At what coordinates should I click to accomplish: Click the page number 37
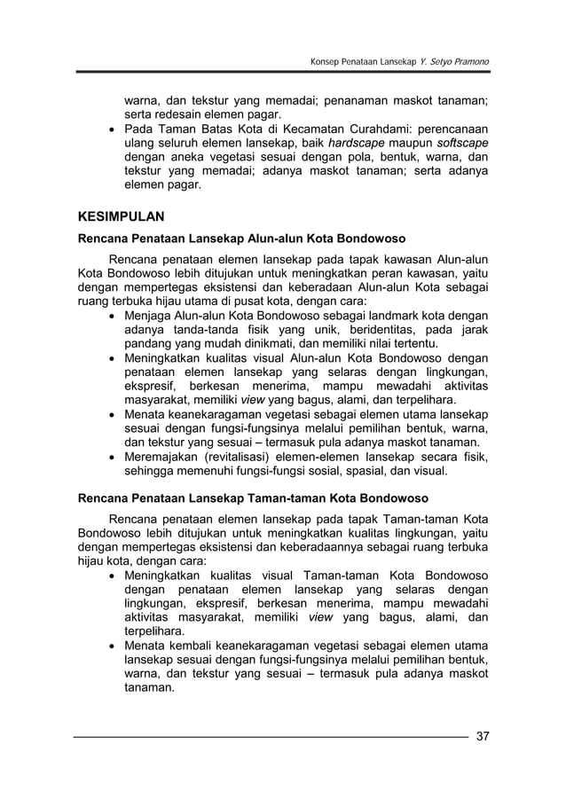483,736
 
